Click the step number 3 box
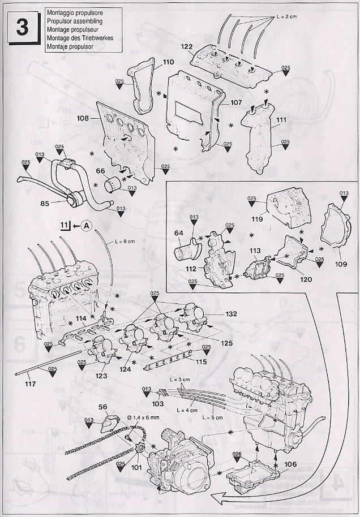click(x=22, y=27)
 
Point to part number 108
click(x=83, y=119)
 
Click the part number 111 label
click(x=281, y=120)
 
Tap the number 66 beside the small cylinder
click(x=100, y=171)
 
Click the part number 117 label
click(x=31, y=384)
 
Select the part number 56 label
click(x=103, y=407)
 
